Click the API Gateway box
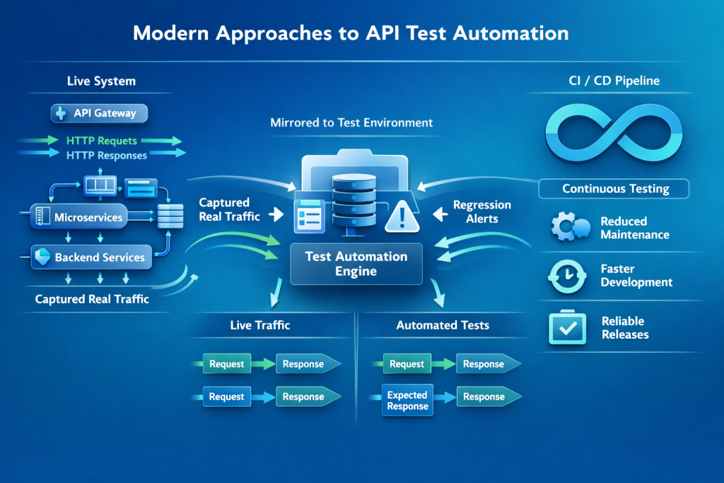(x=99, y=113)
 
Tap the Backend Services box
(x=92, y=257)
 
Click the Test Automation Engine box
(x=356, y=263)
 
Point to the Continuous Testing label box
(x=614, y=189)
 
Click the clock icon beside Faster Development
(x=567, y=276)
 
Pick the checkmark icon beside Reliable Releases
(x=567, y=327)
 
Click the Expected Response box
(x=407, y=400)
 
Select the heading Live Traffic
(x=260, y=325)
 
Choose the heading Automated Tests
(x=443, y=325)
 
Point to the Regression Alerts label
(x=481, y=211)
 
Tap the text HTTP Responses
(x=106, y=155)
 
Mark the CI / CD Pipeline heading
(x=614, y=81)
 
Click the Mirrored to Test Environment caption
(x=351, y=122)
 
